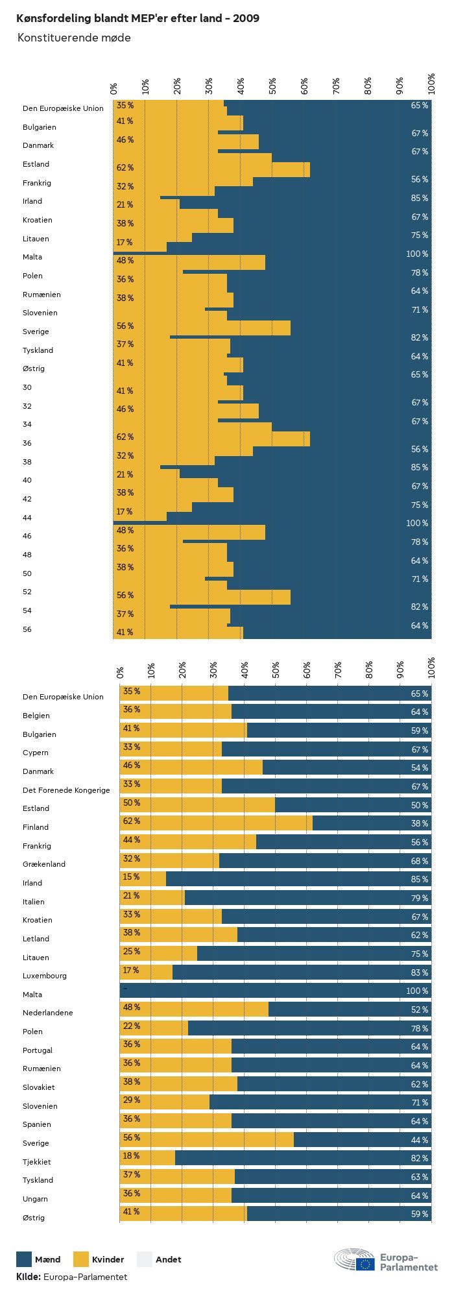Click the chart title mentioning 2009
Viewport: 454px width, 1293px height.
click(137, 18)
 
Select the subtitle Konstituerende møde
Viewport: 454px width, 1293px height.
click(74, 38)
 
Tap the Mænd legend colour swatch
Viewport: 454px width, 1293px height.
click(24, 1259)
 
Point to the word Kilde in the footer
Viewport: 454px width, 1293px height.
click(29, 1277)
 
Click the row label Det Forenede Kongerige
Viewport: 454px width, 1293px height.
click(66, 790)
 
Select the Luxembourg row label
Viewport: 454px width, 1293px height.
click(45, 976)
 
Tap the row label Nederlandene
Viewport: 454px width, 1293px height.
click(48, 1013)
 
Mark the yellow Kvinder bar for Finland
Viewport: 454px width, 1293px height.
click(216, 823)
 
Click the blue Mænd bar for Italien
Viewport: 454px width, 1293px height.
click(307, 898)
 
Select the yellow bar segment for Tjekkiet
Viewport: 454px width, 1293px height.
click(148, 1158)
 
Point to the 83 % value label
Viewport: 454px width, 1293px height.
click(419, 973)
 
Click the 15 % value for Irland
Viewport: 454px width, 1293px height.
click(132, 877)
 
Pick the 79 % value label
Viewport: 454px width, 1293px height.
click(419, 898)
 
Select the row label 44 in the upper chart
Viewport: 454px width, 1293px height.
click(27, 518)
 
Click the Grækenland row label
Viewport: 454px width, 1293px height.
click(44, 864)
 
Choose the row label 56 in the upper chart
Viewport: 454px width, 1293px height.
click(27, 629)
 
